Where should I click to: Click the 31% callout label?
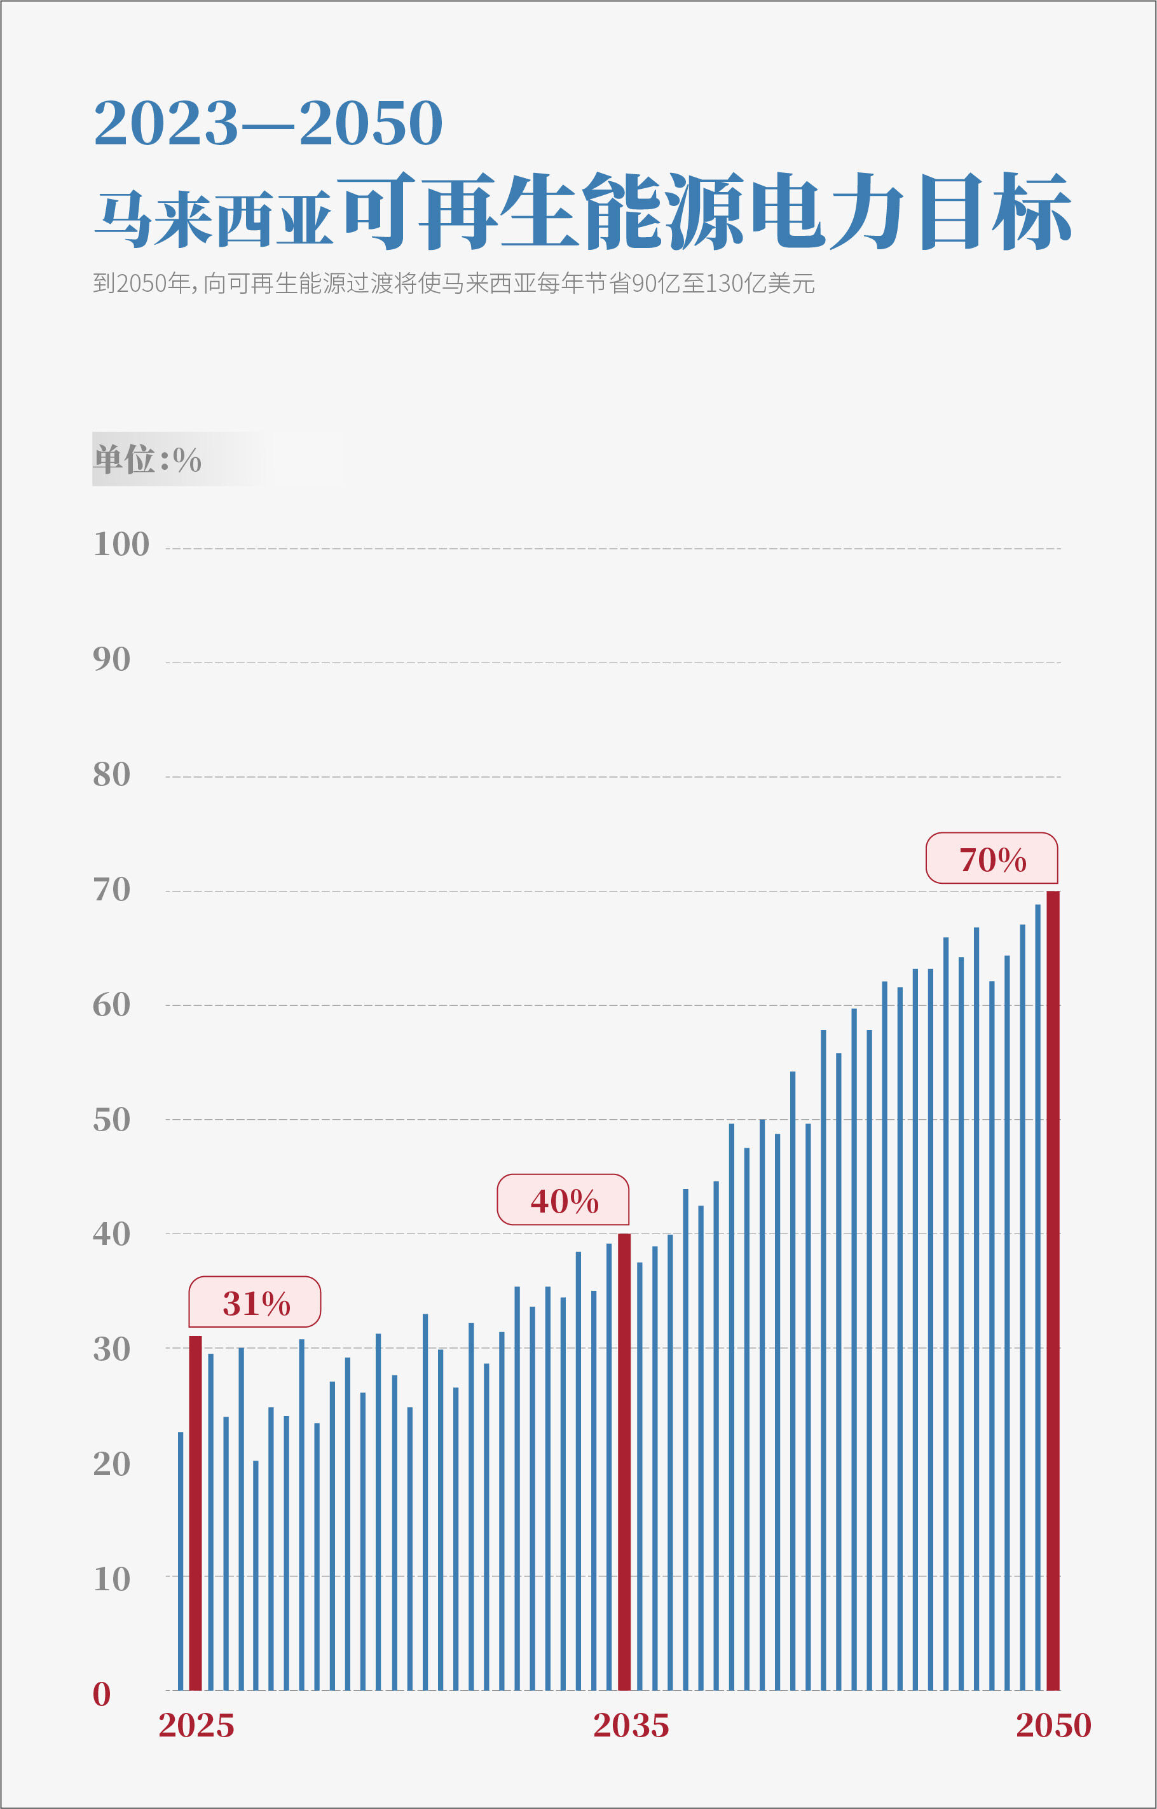click(x=255, y=1302)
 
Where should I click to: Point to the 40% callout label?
click(x=563, y=1200)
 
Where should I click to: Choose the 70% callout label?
click(x=992, y=858)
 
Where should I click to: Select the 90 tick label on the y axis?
click(x=111, y=659)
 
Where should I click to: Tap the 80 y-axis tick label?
click(x=111, y=774)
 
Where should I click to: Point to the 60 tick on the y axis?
click(x=111, y=1005)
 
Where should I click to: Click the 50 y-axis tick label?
click(x=111, y=1120)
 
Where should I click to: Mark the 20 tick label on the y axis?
click(x=111, y=1464)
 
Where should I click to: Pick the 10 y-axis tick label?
click(x=111, y=1579)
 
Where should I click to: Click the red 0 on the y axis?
click(x=102, y=1694)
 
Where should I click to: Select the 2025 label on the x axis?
click(x=196, y=1726)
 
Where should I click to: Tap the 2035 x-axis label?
click(x=631, y=1726)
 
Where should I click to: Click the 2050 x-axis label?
click(x=1053, y=1726)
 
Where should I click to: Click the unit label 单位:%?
click(x=147, y=459)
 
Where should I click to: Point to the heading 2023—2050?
click(x=268, y=123)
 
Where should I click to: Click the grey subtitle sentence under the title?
click(x=453, y=284)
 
